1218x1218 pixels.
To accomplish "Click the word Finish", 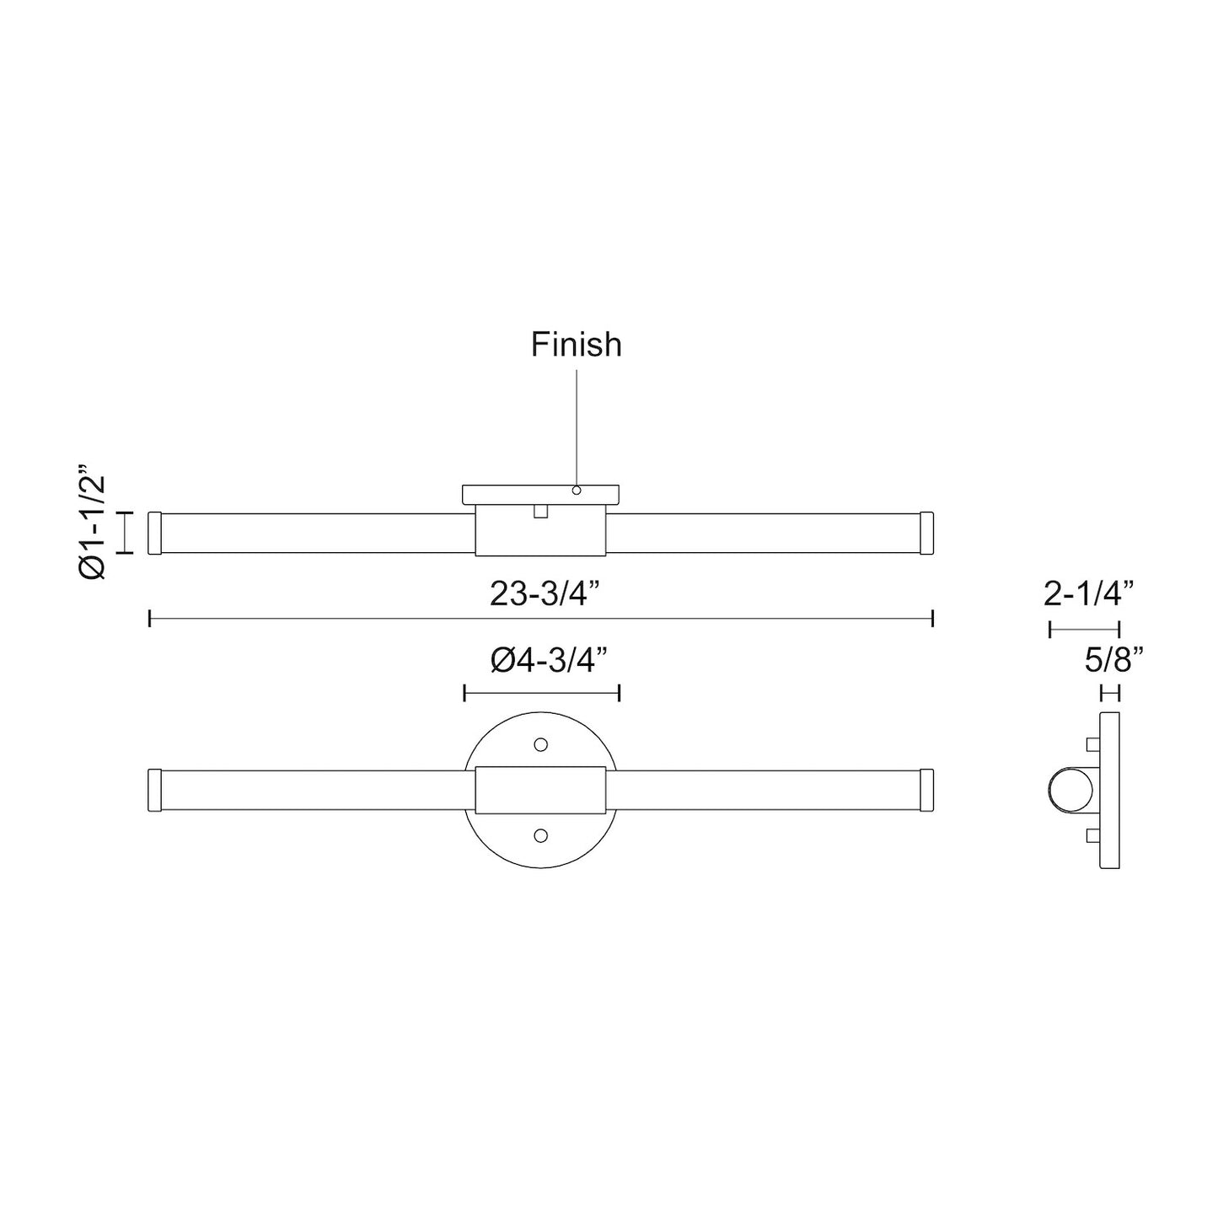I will tap(577, 345).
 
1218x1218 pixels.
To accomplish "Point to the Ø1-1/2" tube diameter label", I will tap(92, 521).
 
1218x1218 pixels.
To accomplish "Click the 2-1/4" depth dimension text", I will tap(1088, 595).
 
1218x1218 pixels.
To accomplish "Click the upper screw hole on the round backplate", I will tap(541, 745).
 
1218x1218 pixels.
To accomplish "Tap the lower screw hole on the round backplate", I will tap(541, 835).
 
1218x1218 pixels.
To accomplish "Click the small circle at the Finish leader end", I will tap(577, 490).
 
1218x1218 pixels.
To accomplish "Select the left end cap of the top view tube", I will tap(154, 533).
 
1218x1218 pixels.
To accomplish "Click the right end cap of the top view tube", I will tap(927, 533).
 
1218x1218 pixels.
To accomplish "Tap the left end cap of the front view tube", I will tap(154, 790).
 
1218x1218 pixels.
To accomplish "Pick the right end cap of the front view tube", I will tap(927, 790).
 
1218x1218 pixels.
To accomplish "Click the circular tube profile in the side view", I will tap(1070, 791).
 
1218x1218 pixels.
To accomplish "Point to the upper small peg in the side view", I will tap(1093, 744).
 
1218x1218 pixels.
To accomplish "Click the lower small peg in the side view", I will tap(1093, 836).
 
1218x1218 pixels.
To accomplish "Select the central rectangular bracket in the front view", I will tap(540, 790).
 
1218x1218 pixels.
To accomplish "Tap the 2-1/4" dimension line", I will tap(1084, 629).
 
